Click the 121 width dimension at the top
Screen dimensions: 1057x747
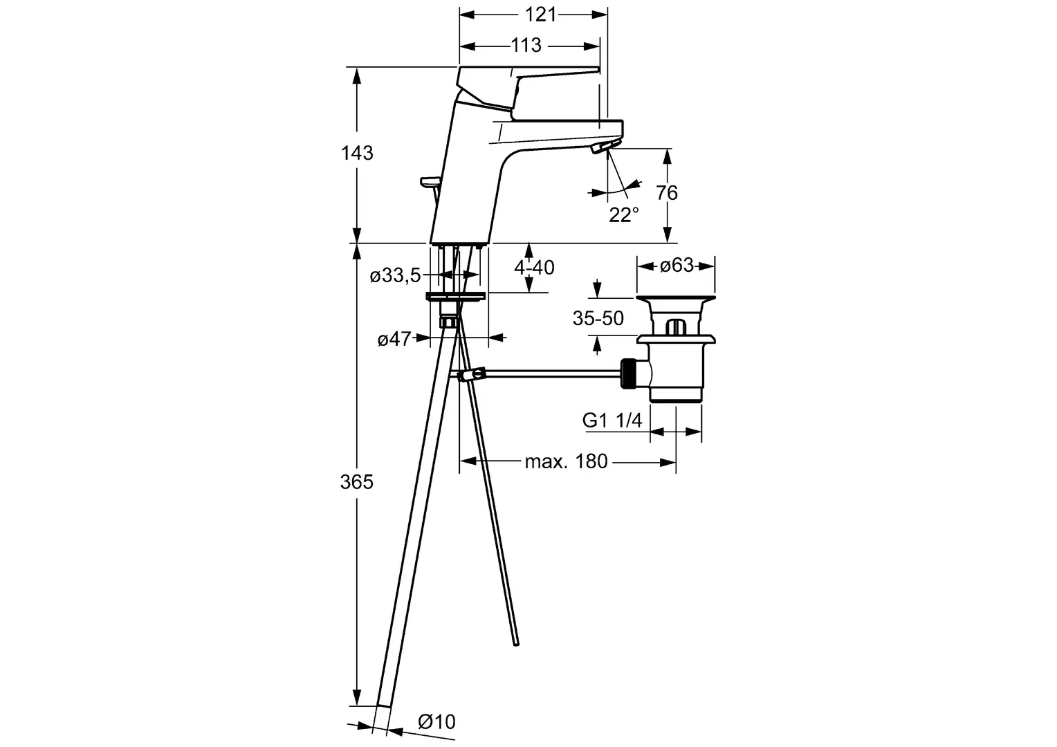click(x=541, y=15)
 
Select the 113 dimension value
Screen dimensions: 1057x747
click(x=526, y=45)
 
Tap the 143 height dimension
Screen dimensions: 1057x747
click(x=357, y=153)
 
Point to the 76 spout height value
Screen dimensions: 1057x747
click(x=667, y=192)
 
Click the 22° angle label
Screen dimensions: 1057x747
click(x=624, y=215)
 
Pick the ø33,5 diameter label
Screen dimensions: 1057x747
click(x=395, y=275)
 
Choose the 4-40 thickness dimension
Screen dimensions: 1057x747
click(x=534, y=268)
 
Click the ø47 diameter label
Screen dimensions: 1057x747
click(x=394, y=339)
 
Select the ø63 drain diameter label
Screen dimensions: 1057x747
click(x=677, y=265)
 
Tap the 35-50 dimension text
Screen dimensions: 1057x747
click(x=598, y=319)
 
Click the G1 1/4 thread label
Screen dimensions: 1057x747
click(x=612, y=420)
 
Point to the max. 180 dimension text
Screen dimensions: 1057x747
click(x=567, y=461)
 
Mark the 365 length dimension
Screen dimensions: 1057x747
click(x=357, y=482)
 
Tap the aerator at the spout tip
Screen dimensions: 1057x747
click(x=605, y=146)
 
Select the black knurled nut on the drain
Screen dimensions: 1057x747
click(x=628, y=373)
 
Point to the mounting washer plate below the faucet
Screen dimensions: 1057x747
click(x=455, y=296)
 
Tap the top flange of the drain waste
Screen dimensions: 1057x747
click(x=676, y=298)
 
